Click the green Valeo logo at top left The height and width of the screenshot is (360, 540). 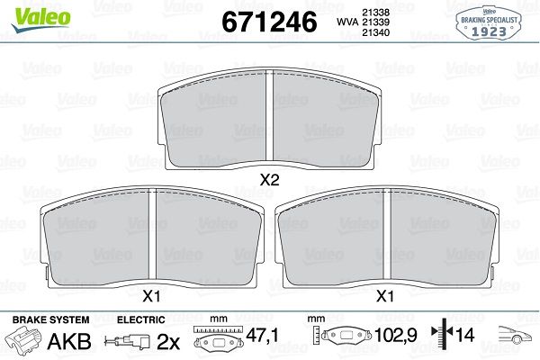[40, 19]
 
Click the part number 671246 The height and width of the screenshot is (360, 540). [269, 22]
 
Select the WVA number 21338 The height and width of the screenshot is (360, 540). [375, 13]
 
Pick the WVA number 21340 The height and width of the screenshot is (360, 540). [375, 32]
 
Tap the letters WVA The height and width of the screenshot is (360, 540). [347, 22]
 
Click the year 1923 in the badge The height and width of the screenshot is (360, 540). [489, 31]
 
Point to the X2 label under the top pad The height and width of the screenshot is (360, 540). [269, 179]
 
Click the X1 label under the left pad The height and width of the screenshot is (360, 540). [151, 296]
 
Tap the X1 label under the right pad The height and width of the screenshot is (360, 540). [385, 296]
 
